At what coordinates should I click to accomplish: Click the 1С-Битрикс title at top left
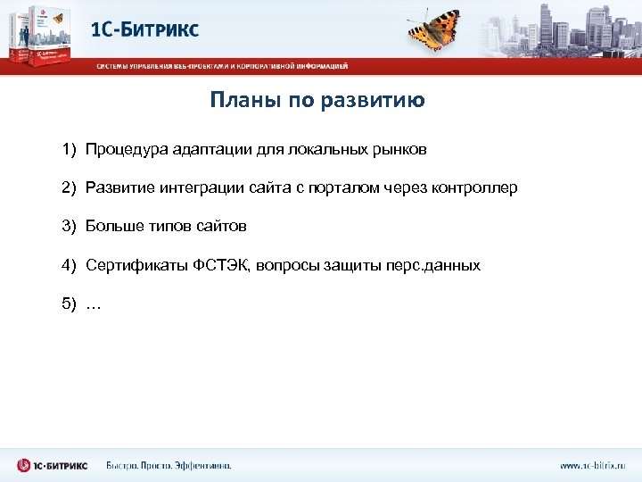145,29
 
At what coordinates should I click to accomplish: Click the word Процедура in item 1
122,150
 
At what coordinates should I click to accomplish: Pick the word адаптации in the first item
202,150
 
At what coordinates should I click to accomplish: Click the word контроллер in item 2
473,188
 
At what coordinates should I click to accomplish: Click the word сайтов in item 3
224,227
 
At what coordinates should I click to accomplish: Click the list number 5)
70,303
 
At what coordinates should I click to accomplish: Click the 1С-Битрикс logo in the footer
53,466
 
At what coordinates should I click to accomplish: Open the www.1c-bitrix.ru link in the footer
592,466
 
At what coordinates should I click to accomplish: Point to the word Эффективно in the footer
202,466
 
